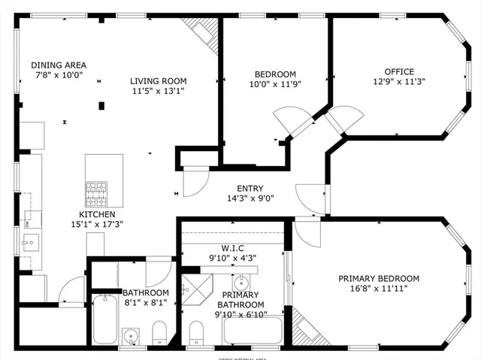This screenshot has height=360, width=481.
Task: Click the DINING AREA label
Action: pyautogui.click(x=58, y=65)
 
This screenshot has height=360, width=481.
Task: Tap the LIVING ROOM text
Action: pyautogui.click(x=158, y=81)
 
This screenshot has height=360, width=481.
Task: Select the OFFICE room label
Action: pyautogui.click(x=399, y=72)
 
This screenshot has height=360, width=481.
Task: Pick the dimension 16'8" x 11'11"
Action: pyautogui.click(x=378, y=289)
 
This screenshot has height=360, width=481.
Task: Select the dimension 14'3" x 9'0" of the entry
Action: pyautogui.click(x=250, y=199)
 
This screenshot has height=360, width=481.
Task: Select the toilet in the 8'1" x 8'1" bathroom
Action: pyautogui.click(x=159, y=331)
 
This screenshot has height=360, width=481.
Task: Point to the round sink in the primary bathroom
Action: pyautogui.click(x=242, y=283)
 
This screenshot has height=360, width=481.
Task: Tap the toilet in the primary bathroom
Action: pyautogui.click(x=197, y=331)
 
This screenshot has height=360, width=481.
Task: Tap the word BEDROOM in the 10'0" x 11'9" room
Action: pyautogui.click(x=274, y=74)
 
